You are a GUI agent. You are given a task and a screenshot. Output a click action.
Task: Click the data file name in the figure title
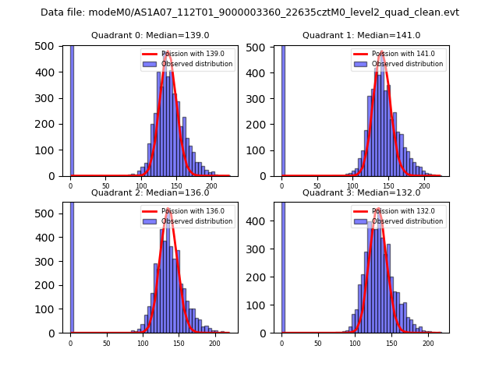tap(249, 12)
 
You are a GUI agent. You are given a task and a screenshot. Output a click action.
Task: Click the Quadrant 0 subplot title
tap(150, 35)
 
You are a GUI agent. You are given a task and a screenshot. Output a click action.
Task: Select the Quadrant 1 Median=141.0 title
tap(361, 35)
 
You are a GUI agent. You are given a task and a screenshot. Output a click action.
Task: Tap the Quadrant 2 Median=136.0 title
tap(150, 192)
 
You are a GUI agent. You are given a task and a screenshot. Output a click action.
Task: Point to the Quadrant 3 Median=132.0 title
tap(361, 192)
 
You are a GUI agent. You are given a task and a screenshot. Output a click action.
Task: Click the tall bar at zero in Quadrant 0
tap(71, 109)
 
